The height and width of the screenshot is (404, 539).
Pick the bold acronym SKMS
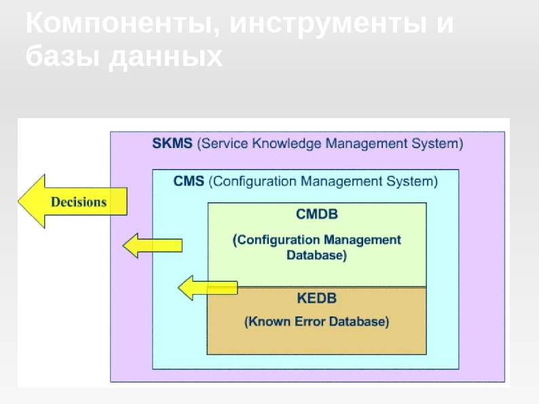pyautogui.click(x=172, y=144)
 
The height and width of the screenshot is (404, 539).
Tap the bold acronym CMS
pyautogui.click(x=188, y=182)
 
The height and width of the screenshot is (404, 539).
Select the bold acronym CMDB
pyautogui.click(x=317, y=215)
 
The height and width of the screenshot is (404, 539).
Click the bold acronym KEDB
pyautogui.click(x=317, y=298)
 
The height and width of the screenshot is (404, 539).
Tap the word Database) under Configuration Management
pyautogui.click(x=316, y=256)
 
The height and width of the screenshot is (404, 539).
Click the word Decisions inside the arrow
pyautogui.click(x=79, y=202)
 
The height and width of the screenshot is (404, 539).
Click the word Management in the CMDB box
pyautogui.click(x=362, y=240)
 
